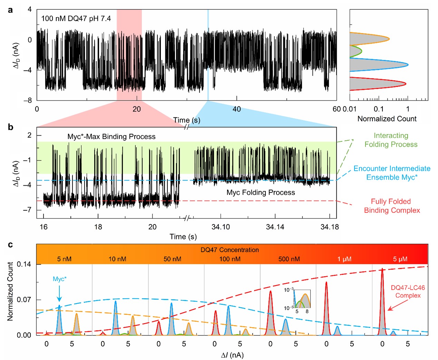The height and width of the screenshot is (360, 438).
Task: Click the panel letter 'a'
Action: pyautogui.click(x=10, y=10)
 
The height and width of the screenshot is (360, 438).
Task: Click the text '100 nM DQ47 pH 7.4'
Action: pyautogui.click(x=76, y=19)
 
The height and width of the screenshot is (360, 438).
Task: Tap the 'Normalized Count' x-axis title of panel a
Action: pyautogui.click(x=387, y=119)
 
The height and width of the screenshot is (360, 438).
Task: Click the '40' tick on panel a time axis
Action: pyautogui.click(x=236, y=109)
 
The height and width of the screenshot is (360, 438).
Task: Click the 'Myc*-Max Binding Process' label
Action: pyautogui.click(x=111, y=137)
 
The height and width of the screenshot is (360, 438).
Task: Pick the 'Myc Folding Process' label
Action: pyautogui.click(x=261, y=193)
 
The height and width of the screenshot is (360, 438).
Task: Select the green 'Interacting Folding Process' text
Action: pyautogui.click(x=391, y=140)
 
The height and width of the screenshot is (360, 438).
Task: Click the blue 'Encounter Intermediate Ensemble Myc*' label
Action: pyautogui.click(x=392, y=173)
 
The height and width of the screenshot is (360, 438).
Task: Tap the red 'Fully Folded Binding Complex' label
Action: pyautogui.click(x=392, y=206)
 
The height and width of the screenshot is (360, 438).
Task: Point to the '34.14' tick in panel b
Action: pyautogui.click(x=275, y=227)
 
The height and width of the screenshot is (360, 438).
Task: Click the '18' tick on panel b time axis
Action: pyautogui.click(x=98, y=227)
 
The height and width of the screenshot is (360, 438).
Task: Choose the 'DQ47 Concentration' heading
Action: pyautogui.click(x=230, y=250)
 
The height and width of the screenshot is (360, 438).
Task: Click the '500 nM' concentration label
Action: pyautogui.click(x=289, y=259)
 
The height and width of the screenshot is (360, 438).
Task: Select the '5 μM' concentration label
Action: pyautogui.click(x=400, y=259)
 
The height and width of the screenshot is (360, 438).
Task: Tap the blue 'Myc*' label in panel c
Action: pyautogui.click(x=60, y=279)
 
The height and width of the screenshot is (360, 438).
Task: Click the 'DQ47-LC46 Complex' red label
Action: pyautogui.click(x=408, y=292)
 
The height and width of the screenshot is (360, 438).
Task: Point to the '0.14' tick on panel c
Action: pyautogui.click(x=24, y=264)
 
